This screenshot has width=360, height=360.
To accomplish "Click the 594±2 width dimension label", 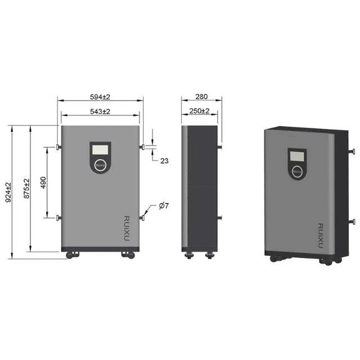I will pyautogui.click(x=100, y=96).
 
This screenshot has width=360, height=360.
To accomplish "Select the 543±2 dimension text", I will pyautogui.click(x=100, y=111).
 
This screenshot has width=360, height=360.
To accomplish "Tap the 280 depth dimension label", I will pyautogui.click(x=201, y=96).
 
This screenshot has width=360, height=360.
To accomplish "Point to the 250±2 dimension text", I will pyautogui.click(x=199, y=111).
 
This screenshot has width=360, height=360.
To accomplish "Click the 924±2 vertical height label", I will pyautogui.click(x=8, y=192).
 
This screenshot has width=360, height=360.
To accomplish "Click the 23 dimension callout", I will pyautogui.click(x=164, y=161).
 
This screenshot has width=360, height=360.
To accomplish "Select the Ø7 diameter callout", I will pyautogui.click(x=164, y=206).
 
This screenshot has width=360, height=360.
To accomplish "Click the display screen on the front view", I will pyautogui.click(x=100, y=150).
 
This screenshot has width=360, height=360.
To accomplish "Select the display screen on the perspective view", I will pyautogui.click(x=297, y=155).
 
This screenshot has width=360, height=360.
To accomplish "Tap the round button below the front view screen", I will pyautogui.click(x=100, y=165).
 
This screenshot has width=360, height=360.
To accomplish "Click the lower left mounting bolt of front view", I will pyautogui.click(x=58, y=218).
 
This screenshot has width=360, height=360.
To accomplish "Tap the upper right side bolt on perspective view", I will pyautogui.click(x=353, y=151).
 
